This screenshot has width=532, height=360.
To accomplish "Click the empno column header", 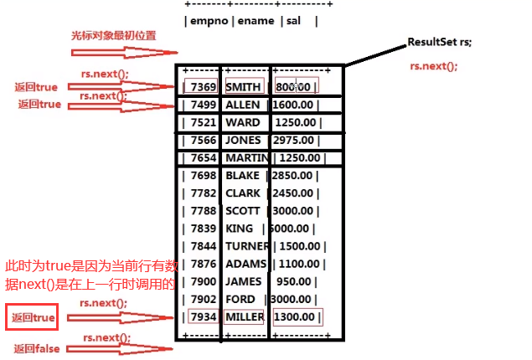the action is coord(207,21).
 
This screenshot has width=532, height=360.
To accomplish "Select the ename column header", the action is coord(255,21).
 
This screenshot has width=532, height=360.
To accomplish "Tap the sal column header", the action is coord(294,21).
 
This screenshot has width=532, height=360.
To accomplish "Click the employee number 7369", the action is coord(204,86).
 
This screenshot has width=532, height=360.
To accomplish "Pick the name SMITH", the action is coord(243,86).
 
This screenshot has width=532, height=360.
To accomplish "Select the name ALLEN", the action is coord(243,105).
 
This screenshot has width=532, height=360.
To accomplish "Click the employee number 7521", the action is coord(204,122).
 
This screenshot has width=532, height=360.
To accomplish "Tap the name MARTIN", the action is coord(246,158).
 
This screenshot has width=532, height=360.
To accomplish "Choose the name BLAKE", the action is coord(243,176).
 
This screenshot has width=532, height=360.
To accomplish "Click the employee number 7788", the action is coord(204,211).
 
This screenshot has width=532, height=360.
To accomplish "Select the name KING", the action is coord(239,229).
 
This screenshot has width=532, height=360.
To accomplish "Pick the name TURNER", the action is coord(247,246).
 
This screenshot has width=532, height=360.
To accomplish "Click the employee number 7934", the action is coord(204,317).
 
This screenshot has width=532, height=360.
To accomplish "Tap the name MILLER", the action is coord(245,317).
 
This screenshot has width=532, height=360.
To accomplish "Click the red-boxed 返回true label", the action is coord(34,318).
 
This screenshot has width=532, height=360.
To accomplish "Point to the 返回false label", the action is coord(36,348).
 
